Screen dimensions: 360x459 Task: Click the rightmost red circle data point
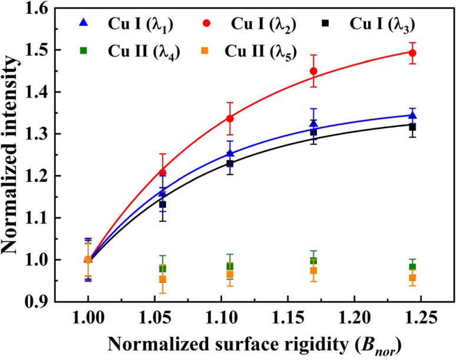point(412,53)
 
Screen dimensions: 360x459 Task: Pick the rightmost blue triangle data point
point(412,115)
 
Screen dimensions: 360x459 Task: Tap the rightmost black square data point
point(412,127)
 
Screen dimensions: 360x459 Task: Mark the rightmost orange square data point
point(412,278)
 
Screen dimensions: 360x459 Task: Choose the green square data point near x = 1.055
point(163,269)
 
